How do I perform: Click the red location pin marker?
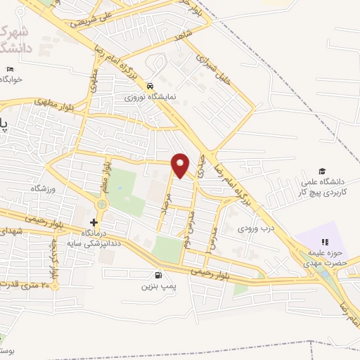point(181,165)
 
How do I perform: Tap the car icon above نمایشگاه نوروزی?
point(150,85)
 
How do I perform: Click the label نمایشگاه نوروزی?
point(150,97)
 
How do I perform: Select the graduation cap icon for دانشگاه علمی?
point(322,172)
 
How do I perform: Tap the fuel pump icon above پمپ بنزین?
point(157,275)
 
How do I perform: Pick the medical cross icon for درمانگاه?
point(94,222)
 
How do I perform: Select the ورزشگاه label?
point(42,188)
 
